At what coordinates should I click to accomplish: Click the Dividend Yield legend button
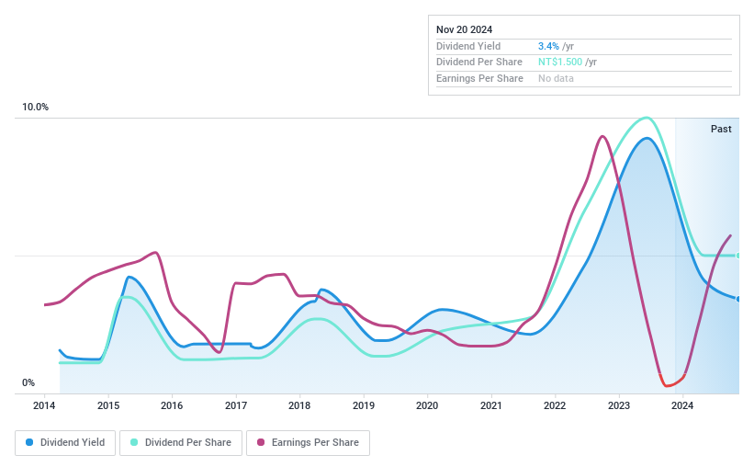click(66, 443)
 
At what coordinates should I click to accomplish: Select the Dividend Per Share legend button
click(181, 443)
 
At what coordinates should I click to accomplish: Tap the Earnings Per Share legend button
click(308, 443)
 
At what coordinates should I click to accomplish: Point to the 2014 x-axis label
click(45, 405)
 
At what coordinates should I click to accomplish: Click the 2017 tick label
click(236, 405)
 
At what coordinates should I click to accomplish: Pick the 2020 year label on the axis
click(427, 405)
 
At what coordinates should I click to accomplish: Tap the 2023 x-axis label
click(618, 405)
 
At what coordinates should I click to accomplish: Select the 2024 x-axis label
click(682, 405)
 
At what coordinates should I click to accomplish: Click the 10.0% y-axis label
click(36, 108)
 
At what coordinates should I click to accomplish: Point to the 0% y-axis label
click(28, 383)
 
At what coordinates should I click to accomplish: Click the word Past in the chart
click(721, 129)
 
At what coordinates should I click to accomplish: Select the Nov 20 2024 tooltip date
click(465, 29)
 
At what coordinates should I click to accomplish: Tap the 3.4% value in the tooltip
click(547, 46)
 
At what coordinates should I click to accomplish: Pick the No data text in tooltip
click(557, 79)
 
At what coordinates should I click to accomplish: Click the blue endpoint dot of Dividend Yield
click(738, 299)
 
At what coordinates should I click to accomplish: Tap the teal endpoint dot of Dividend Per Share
click(738, 256)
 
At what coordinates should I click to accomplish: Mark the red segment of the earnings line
click(671, 383)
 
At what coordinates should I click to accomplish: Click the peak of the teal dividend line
click(647, 118)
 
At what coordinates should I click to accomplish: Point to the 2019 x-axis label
click(364, 405)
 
